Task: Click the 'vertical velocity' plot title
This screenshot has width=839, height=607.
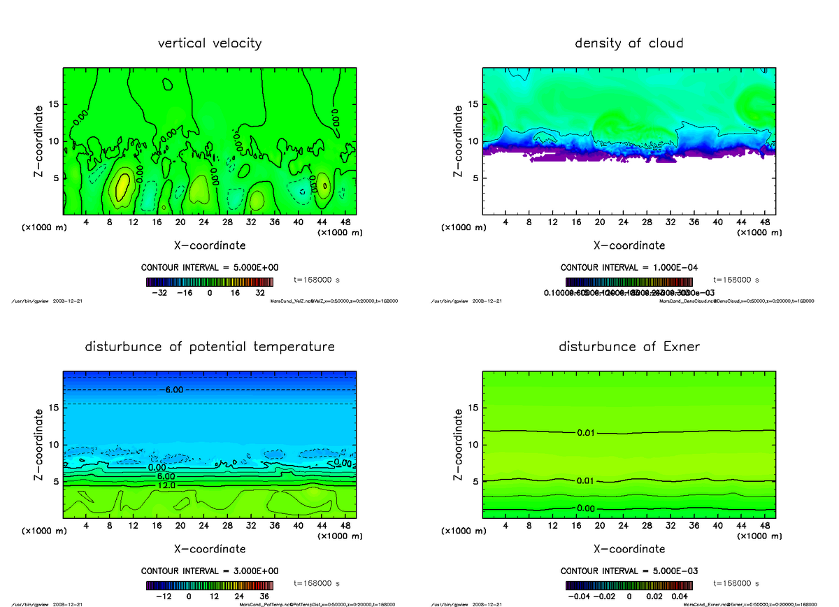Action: pyautogui.click(x=210, y=43)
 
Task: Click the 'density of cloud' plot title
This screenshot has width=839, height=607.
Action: pyautogui.click(x=629, y=43)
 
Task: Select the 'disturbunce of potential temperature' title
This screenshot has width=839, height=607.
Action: pyautogui.click(x=210, y=347)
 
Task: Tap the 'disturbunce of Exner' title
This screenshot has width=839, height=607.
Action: pyautogui.click(x=629, y=347)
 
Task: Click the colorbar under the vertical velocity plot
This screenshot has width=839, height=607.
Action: pyautogui.click(x=210, y=282)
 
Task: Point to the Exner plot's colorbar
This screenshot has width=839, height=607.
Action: pyautogui.click(x=629, y=585)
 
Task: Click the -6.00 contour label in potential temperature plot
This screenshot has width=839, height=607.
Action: pyautogui.click(x=175, y=390)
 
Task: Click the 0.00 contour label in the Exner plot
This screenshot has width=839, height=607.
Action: pyautogui.click(x=586, y=508)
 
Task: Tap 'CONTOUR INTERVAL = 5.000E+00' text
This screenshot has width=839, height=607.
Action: pyautogui.click(x=210, y=268)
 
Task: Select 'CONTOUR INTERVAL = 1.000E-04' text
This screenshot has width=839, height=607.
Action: pyautogui.click(x=629, y=268)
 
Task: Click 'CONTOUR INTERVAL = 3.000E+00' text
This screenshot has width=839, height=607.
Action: pyautogui.click(x=210, y=571)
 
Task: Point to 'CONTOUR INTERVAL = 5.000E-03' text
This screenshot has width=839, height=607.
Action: pyautogui.click(x=629, y=571)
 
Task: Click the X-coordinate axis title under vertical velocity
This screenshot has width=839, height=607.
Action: pyautogui.click(x=210, y=245)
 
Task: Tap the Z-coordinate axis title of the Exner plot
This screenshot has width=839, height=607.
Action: pyautogui.click(x=458, y=445)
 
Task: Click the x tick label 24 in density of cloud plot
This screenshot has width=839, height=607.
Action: pyautogui.click(x=623, y=222)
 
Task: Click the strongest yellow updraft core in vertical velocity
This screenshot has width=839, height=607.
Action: pyautogui.click(x=122, y=187)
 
